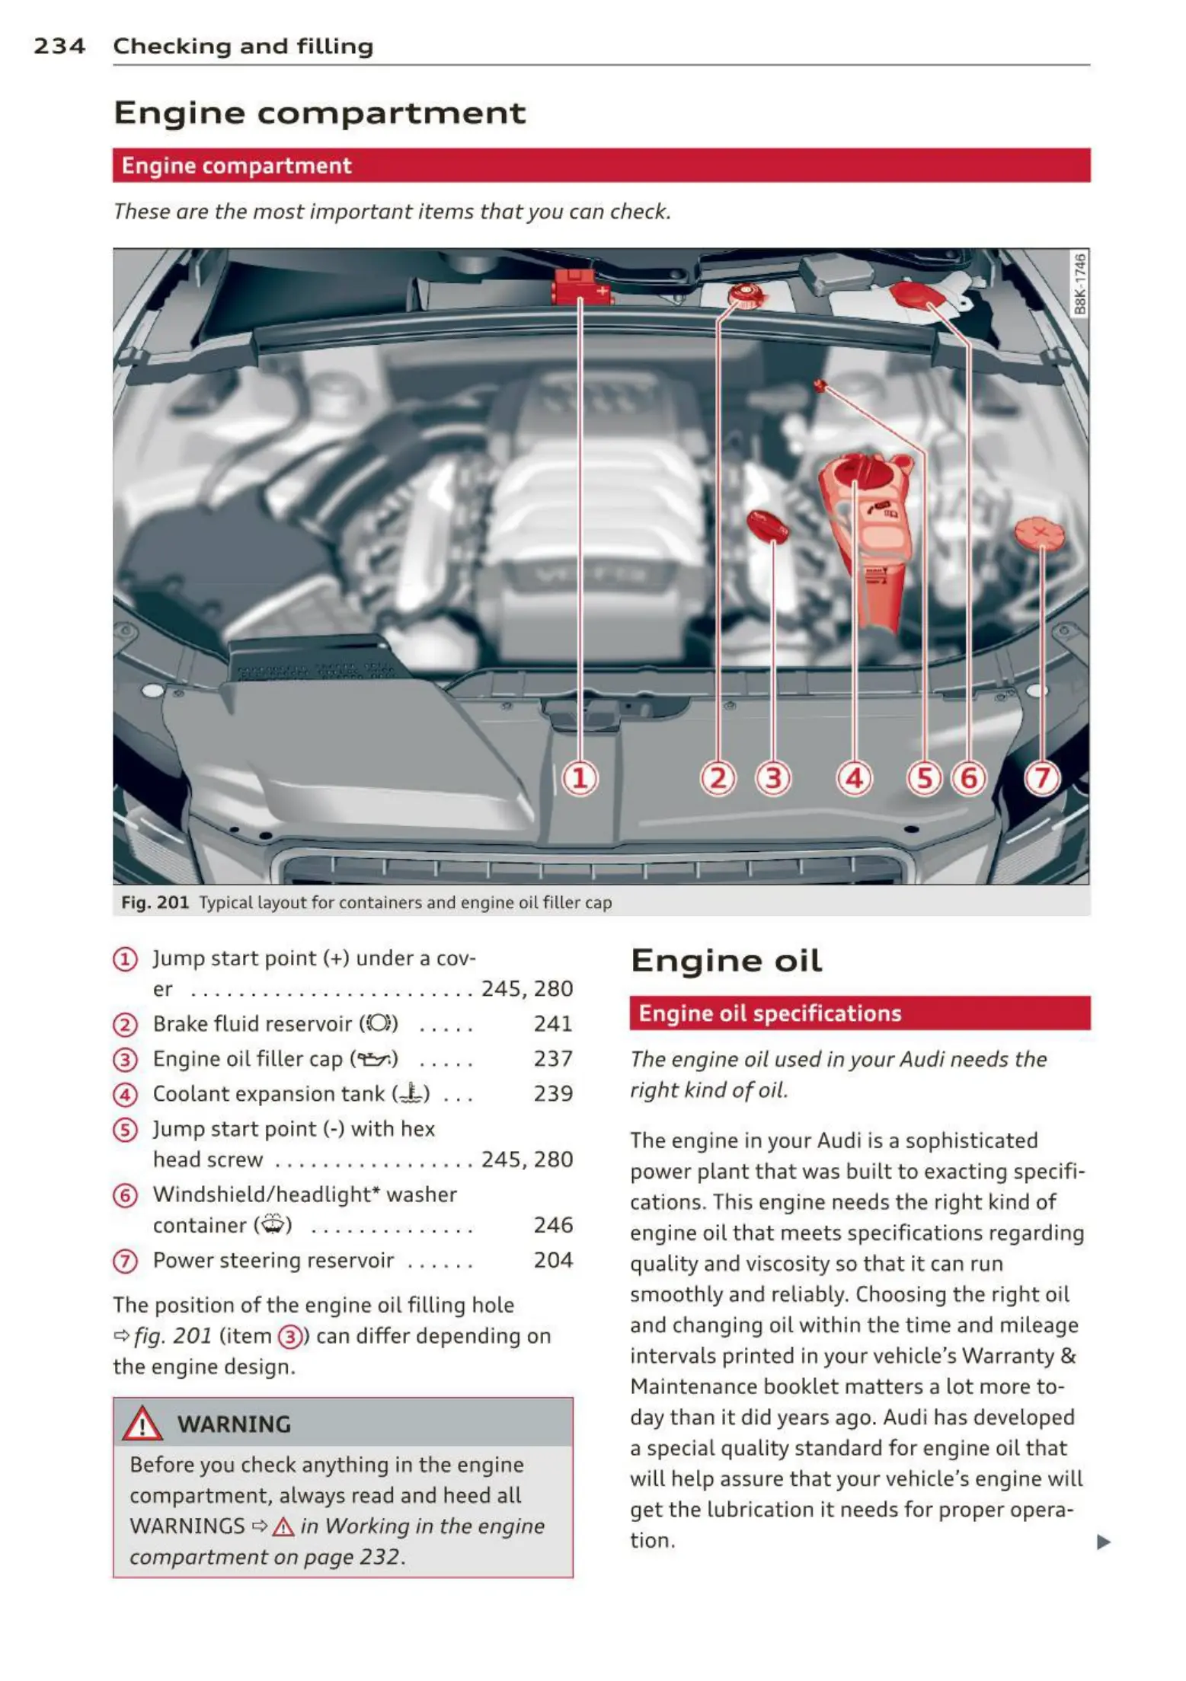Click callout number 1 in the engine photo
pos(580,778)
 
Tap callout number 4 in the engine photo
pos(854,778)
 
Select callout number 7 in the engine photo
pos(1042,778)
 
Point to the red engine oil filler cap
pos(767,525)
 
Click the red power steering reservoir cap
pos(1039,533)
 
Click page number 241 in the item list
pos(553,1024)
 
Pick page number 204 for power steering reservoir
pos(553,1261)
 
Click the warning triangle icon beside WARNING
pos(143,1424)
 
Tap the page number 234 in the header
pos(59,46)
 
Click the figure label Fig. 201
pos(155,903)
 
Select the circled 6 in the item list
pos(125,1196)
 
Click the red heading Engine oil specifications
pos(769,1013)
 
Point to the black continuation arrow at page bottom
pos(1103,1542)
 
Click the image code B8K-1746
pos(1079,284)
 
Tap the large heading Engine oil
pos(726,961)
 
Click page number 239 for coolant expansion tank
pos(553,1094)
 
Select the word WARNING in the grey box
pos(234,1424)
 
